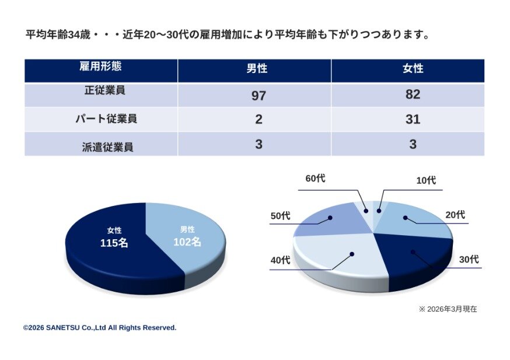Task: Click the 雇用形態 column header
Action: [x=100, y=67]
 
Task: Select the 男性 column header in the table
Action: [x=256, y=69]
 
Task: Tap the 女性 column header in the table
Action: [x=413, y=69]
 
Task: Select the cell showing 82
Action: [x=413, y=95]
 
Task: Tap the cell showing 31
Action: [x=413, y=120]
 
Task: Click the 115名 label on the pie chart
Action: [x=114, y=243]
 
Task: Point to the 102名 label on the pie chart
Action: [x=187, y=241]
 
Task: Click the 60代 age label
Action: [x=316, y=179]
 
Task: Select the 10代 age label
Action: [x=425, y=180]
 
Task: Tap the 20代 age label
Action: [x=455, y=215]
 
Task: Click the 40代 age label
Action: [x=280, y=260]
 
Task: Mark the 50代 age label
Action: [x=280, y=215]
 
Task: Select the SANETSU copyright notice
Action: [x=100, y=328]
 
